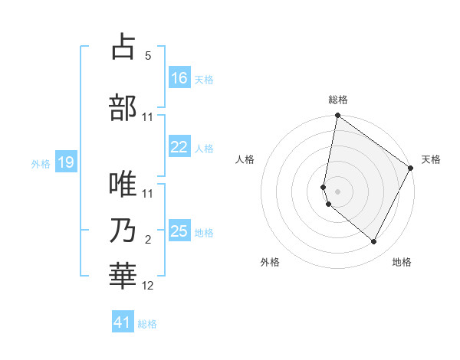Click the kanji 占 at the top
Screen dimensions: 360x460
[x=123, y=47]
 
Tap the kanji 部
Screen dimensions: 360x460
[x=123, y=108]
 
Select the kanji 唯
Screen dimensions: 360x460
[x=123, y=185]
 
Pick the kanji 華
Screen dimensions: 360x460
[x=123, y=277]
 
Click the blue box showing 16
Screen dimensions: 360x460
[x=179, y=77]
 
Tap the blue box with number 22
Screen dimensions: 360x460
[x=179, y=147]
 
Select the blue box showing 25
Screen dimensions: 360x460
[x=179, y=232]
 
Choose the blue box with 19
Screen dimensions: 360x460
[x=66, y=162]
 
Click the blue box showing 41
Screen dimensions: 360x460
[x=123, y=322]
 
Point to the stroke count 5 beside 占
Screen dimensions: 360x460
[x=148, y=56]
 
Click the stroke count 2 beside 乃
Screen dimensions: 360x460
[x=148, y=240]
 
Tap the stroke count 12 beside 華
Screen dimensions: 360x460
[x=148, y=286]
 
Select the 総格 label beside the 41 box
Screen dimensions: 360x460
[x=147, y=324]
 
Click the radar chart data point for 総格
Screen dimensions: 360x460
[x=337, y=116]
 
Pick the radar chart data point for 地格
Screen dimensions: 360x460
[x=374, y=241]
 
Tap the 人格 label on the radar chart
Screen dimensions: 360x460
[x=245, y=159]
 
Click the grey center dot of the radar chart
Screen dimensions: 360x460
[x=337, y=191]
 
